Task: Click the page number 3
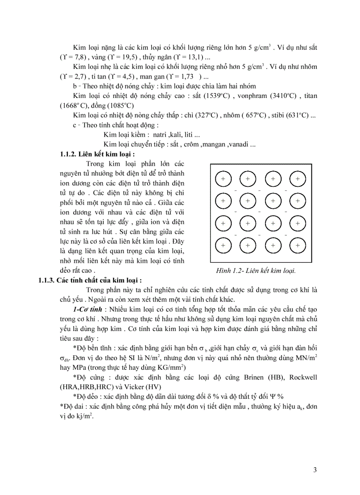pos(315,470)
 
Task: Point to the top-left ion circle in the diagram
pos(223,179)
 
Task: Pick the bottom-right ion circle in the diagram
pos(298,245)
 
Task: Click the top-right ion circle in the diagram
pos(298,179)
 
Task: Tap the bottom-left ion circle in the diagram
pos(223,245)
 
